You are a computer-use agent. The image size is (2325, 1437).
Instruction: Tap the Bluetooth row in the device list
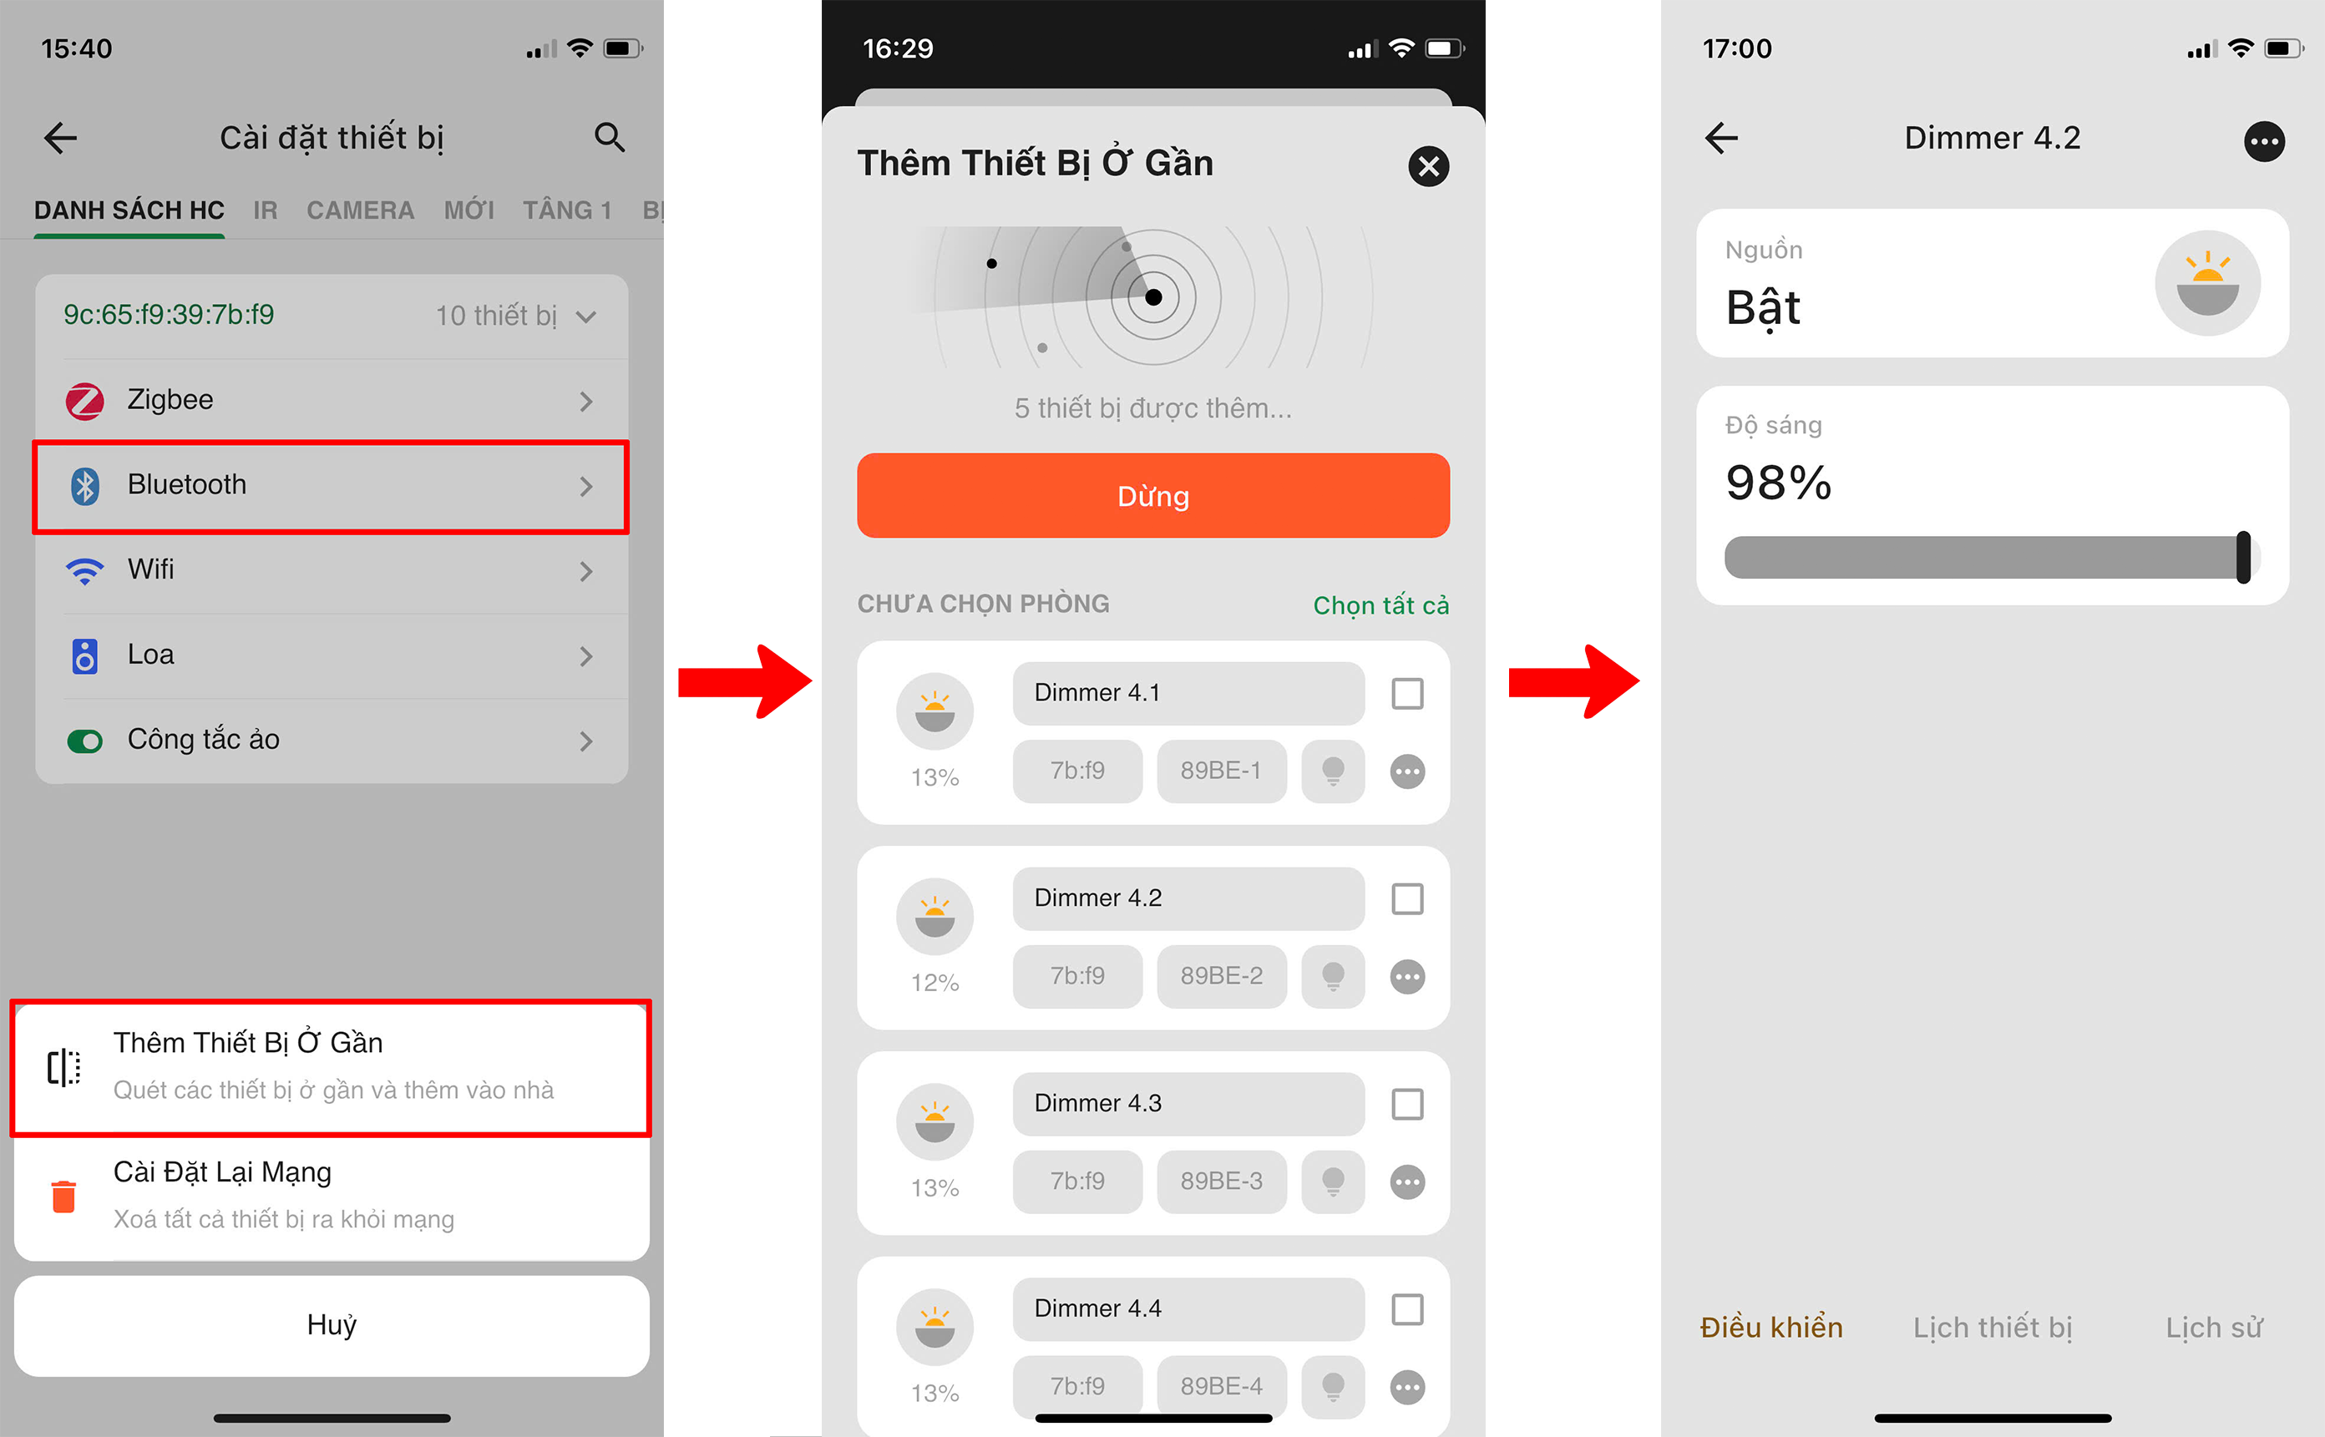point(331,486)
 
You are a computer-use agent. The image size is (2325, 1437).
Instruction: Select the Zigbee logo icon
point(84,400)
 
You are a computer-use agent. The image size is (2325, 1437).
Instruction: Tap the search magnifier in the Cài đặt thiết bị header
point(610,138)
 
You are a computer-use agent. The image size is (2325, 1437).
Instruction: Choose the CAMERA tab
point(360,210)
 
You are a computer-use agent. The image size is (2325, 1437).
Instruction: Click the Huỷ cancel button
point(332,1325)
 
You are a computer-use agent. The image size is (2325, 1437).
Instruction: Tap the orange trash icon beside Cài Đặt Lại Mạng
point(63,1196)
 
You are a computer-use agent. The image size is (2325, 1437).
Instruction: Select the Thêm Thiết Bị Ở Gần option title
point(248,1043)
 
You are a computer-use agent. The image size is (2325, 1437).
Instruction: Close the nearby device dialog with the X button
point(1428,166)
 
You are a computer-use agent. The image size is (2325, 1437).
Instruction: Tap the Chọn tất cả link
point(1381,605)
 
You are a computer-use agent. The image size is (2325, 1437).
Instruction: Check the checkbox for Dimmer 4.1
point(1407,694)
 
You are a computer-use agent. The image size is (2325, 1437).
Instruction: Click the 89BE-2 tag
point(1222,976)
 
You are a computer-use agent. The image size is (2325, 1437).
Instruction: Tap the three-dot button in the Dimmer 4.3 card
point(1407,1182)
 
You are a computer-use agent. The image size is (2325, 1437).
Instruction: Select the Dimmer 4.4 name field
point(1188,1308)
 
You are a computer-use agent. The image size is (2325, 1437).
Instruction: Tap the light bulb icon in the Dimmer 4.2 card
point(1333,976)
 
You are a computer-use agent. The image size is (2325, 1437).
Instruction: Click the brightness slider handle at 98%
point(2243,557)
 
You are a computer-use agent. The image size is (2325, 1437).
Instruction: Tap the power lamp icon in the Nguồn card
point(2207,283)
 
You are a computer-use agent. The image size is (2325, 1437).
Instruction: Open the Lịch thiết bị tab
point(1993,1328)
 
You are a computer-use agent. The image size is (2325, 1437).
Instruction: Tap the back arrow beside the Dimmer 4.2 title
point(1721,138)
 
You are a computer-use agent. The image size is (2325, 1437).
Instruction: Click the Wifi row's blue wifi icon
point(84,570)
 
